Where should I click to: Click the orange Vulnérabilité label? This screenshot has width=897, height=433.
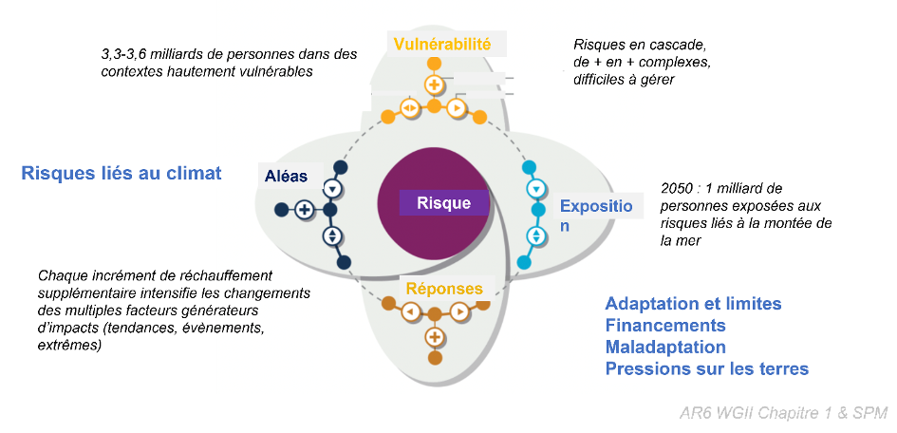pos(442,44)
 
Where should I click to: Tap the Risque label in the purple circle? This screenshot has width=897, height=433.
pos(443,202)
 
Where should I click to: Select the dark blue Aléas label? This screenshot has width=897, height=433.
pos(286,176)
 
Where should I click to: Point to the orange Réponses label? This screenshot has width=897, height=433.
pos(444,289)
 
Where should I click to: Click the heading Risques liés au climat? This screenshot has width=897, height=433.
pos(121,173)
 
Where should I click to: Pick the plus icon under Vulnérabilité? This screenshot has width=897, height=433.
pos(434,85)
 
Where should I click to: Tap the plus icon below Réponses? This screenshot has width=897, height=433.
pos(435,336)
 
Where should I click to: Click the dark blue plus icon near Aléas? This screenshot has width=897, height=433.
pos(304,210)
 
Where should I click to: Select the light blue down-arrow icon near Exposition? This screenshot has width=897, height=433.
pos(535,188)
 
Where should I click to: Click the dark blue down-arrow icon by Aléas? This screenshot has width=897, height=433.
pos(331,187)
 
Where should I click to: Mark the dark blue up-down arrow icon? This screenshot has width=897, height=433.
pos(331,235)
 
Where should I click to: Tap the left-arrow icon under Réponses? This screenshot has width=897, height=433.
pos(410,311)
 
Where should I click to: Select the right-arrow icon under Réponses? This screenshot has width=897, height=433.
pos(458,311)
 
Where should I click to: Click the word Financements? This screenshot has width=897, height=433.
pos(665,326)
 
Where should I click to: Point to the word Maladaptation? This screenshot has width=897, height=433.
pos(665,348)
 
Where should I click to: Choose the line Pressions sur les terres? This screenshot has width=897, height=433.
pos(707,369)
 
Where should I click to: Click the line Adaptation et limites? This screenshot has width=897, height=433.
pos(693,304)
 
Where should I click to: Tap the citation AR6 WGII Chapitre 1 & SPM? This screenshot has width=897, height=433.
pos(783,413)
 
